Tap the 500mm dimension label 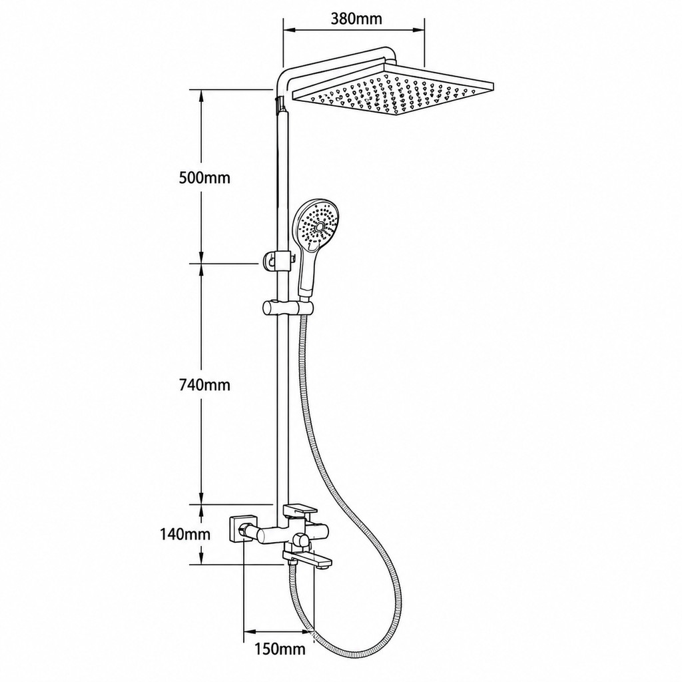coord(204,177)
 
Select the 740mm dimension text coord(204,384)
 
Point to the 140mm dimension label coord(185,533)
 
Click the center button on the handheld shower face coord(320,226)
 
